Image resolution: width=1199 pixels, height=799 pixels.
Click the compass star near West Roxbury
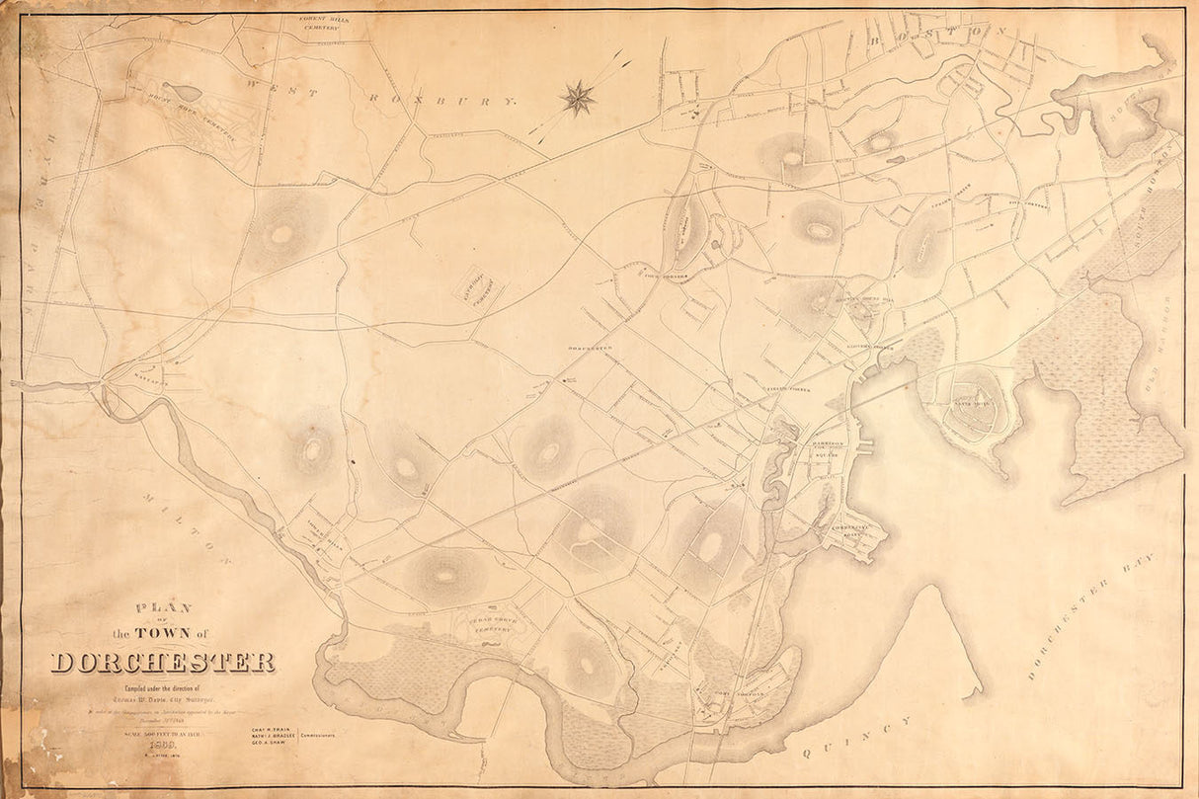tap(578, 97)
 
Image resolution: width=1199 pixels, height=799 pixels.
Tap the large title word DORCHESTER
tap(163, 662)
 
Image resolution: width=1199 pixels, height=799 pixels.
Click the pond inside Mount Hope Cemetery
tap(182, 92)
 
